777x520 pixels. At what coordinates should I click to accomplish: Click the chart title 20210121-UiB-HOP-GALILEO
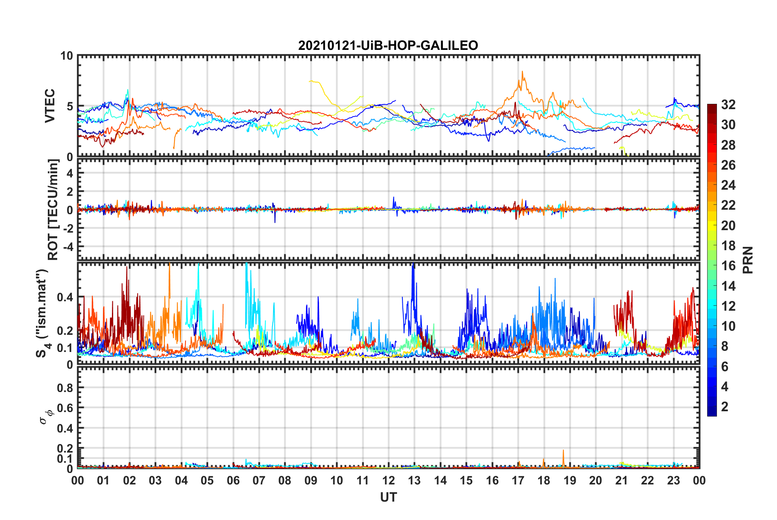[388, 45]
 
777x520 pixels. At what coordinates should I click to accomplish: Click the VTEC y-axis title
[50, 106]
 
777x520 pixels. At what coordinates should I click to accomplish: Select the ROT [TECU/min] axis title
[53, 210]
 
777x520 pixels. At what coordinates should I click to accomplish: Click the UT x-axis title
[388, 497]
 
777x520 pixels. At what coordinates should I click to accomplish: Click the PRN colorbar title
[748, 260]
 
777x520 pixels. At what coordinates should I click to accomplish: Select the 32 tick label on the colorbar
[728, 105]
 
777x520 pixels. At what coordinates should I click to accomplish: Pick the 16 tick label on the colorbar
[728, 266]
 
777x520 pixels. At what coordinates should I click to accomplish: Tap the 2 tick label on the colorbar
[725, 406]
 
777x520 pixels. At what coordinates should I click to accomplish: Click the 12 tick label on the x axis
[388, 480]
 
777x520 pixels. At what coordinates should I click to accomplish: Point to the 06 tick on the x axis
[233, 480]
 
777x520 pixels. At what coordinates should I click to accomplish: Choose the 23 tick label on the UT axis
[673, 480]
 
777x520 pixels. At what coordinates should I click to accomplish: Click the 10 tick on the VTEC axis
[66, 56]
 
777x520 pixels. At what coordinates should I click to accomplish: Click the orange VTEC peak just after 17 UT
[522, 72]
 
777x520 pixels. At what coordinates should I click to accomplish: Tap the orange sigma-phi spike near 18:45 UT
[563, 451]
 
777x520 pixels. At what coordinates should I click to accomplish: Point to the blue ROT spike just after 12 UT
[393, 197]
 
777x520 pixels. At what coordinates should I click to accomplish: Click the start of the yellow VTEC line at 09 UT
[310, 81]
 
